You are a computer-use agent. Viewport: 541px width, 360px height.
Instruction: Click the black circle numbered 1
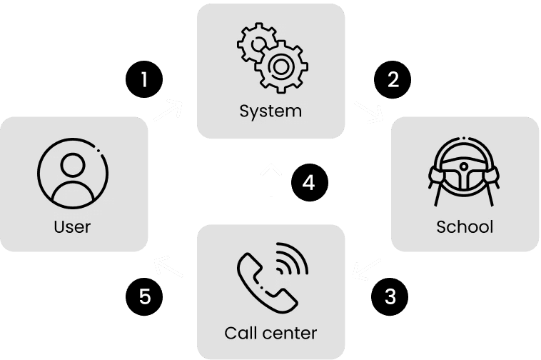point(145,79)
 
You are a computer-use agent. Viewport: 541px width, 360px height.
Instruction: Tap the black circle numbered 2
point(392,79)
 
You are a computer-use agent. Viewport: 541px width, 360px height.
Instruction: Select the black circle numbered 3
point(390,296)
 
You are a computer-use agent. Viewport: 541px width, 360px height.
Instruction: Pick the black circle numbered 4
point(309,183)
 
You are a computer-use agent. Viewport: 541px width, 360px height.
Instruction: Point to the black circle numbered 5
point(145,296)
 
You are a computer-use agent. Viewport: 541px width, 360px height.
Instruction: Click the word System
point(270,111)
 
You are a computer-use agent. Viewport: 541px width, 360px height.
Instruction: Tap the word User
point(73,227)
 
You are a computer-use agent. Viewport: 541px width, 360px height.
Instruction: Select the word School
point(465,227)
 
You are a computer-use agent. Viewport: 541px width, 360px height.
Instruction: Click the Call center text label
point(270,333)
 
